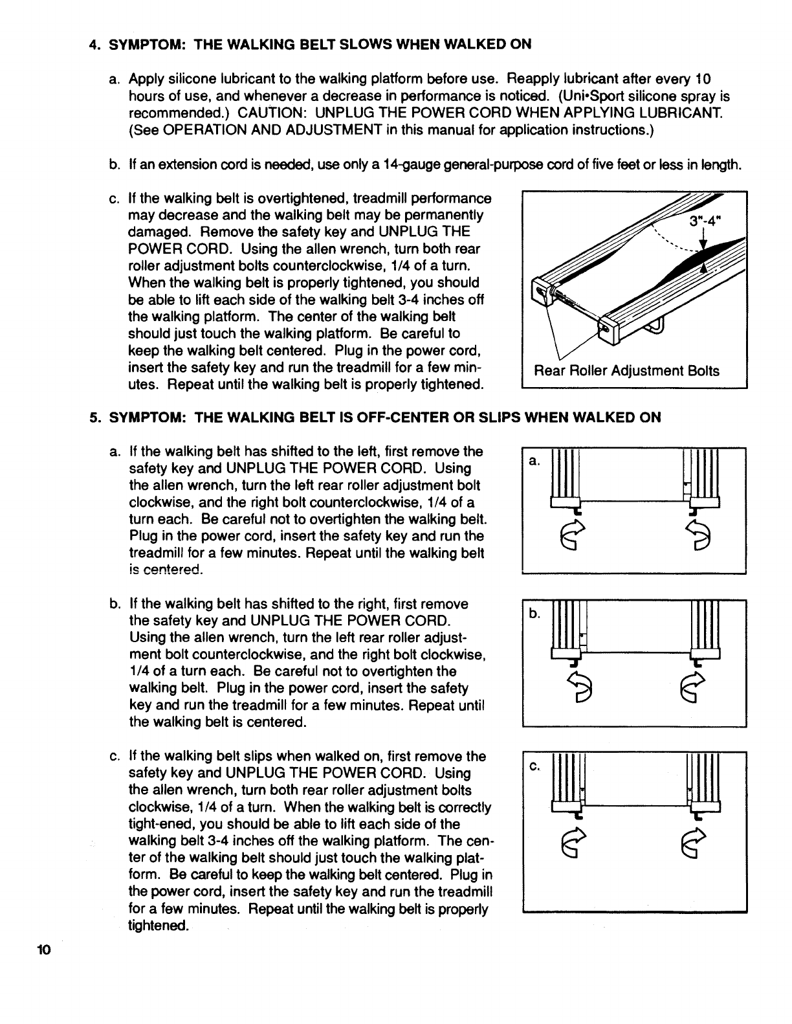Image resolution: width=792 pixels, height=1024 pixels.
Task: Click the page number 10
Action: pos(43,950)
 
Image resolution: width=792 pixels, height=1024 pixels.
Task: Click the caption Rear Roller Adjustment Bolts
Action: pos(626,371)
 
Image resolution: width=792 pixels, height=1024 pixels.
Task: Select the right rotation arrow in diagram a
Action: pos(700,535)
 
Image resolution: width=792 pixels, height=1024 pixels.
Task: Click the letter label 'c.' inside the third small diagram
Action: pos(534,767)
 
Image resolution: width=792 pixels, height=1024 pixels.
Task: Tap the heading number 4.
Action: pos(94,45)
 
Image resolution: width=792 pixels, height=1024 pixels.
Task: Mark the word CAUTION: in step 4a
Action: pos(267,113)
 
